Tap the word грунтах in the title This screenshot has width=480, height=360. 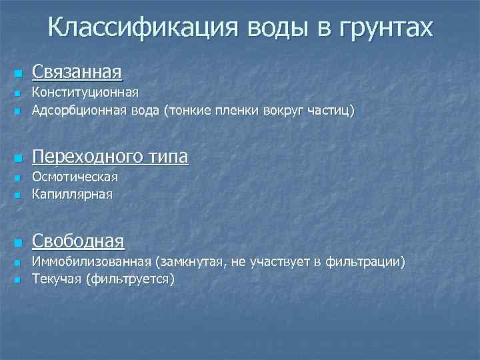click(x=386, y=27)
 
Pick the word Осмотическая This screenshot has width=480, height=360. click(x=75, y=178)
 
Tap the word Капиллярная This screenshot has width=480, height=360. click(x=73, y=195)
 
